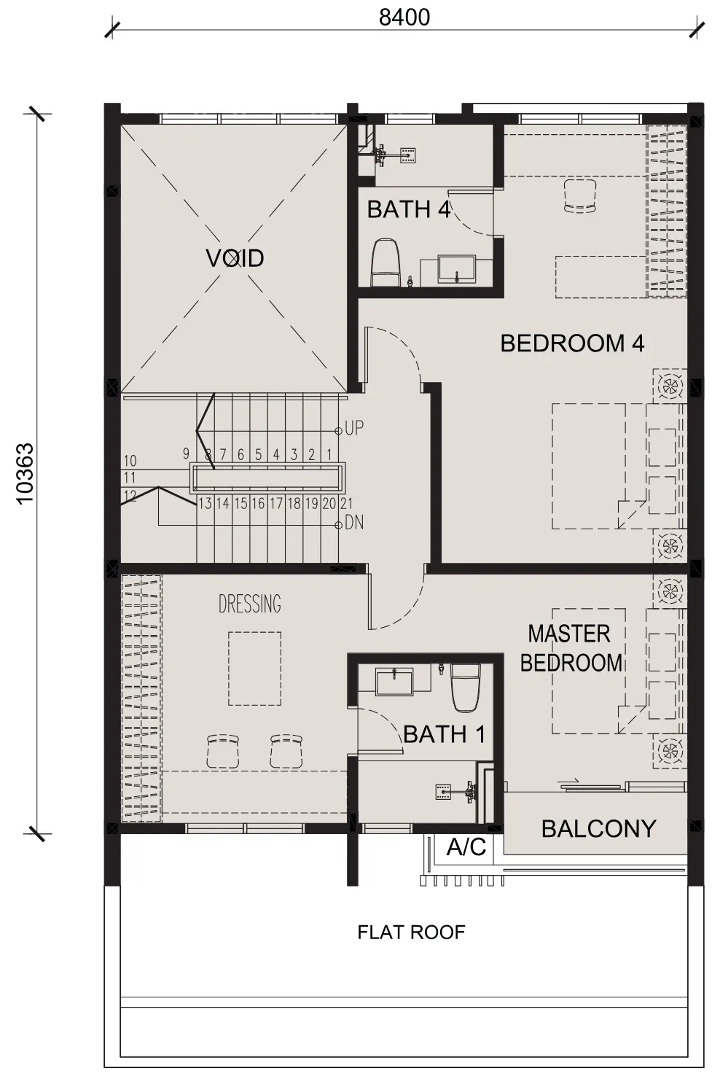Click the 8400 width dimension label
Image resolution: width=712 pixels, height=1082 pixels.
[x=404, y=17]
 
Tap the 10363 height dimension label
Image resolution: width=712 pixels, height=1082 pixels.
[x=25, y=474]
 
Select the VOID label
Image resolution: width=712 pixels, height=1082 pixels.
[x=235, y=258]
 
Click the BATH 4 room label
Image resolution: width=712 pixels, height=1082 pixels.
[x=408, y=210]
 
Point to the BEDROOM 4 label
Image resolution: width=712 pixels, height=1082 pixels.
[x=572, y=343]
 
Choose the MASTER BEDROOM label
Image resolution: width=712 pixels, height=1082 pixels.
[x=571, y=648]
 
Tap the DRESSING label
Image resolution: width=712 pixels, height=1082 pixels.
[x=249, y=604]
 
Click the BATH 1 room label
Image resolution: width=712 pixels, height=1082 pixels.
[x=444, y=735]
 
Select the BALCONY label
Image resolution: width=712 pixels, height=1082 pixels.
[x=598, y=830]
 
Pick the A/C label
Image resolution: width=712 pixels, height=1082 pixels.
[x=466, y=846]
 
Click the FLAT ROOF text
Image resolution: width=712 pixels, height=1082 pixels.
[x=411, y=933]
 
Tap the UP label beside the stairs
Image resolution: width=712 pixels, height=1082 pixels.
[x=354, y=428]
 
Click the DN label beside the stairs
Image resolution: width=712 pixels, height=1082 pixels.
[x=354, y=523]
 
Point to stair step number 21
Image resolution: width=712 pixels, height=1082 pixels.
[x=346, y=504]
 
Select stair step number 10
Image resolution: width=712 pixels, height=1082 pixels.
[x=130, y=461]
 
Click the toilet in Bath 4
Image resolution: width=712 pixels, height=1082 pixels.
[x=386, y=262]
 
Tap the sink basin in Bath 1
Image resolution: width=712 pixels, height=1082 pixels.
[x=394, y=681]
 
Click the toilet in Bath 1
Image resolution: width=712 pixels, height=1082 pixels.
[x=466, y=688]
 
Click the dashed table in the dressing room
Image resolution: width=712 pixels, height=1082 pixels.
[x=255, y=669]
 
